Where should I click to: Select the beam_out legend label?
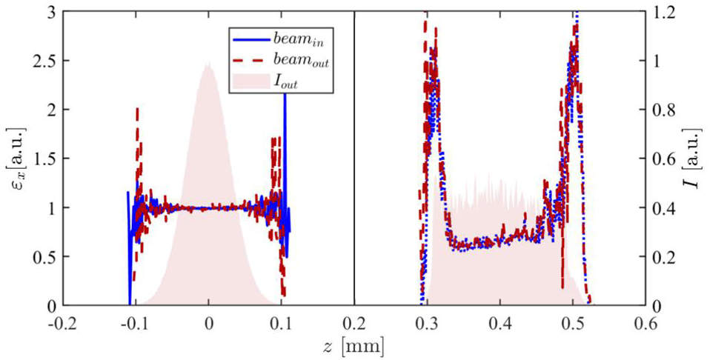[x=301, y=61]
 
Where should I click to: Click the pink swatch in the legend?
[x=251, y=79]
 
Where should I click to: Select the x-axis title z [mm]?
[x=355, y=345]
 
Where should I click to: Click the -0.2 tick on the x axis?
[x=62, y=324]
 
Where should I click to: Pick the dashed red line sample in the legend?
[x=251, y=61]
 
